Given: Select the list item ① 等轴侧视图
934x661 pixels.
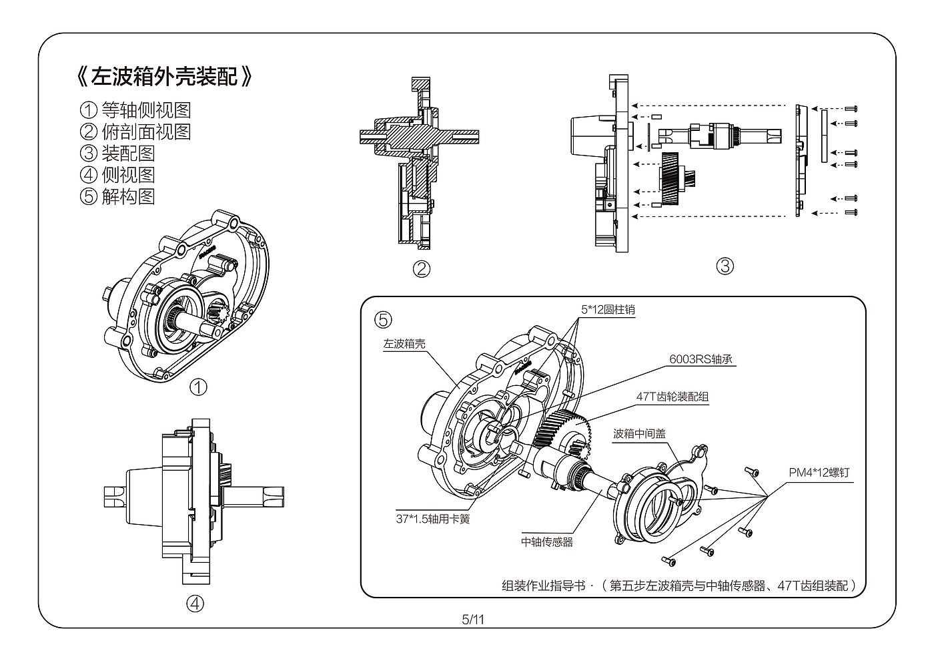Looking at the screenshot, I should click(x=135, y=109).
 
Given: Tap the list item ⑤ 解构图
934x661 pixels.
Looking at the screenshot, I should click(x=117, y=196).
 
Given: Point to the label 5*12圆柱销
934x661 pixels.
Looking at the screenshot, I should click(x=607, y=310).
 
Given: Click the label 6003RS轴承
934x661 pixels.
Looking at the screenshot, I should click(x=700, y=359).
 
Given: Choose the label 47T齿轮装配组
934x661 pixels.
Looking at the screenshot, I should click(x=672, y=397).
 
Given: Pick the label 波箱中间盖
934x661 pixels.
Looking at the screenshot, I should click(x=639, y=434).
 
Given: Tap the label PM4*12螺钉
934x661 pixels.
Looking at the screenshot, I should click(x=819, y=473).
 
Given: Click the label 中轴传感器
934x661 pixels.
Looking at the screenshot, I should click(x=547, y=541).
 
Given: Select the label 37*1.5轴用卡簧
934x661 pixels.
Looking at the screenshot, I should click(x=432, y=519).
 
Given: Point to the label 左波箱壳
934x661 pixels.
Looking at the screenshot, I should click(x=404, y=345).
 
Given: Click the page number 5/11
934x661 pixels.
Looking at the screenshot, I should click(x=472, y=620).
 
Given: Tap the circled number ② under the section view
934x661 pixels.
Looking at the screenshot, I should click(x=422, y=269).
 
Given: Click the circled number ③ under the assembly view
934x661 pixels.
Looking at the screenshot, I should click(x=725, y=266).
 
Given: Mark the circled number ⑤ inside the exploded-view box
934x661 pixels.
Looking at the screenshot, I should click(x=383, y=320).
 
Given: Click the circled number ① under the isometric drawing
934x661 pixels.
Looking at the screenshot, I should click(x=198, y=387).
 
